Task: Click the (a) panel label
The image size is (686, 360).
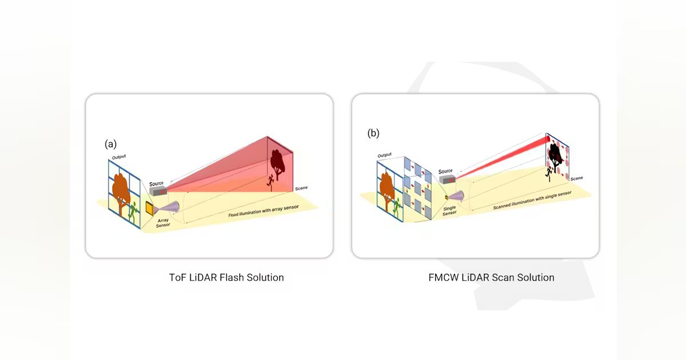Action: [111, 144]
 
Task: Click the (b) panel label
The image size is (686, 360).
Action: [373, 134]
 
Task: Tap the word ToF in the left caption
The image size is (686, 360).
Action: [177, 278]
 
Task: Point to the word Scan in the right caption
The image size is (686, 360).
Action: [500, 278]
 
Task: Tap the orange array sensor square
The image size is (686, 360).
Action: [149, 209]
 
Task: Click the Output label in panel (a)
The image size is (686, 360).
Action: [119, 157]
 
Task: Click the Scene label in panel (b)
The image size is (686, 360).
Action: [576, 178]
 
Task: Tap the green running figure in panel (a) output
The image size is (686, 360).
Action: [133, 211]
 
